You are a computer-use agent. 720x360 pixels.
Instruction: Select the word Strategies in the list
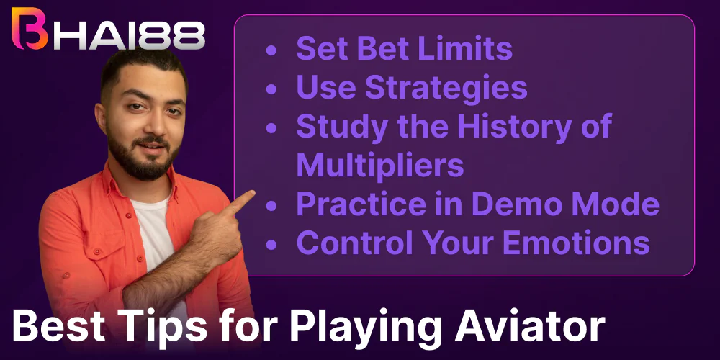click(446, 88)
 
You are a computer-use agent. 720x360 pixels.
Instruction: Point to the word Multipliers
click(379, 166)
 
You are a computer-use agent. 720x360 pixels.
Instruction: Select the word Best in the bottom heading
click(56, 327)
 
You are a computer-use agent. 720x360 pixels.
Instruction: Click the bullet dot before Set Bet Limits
click(271, 50)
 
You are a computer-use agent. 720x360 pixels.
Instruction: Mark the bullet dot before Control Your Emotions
click(271, 245)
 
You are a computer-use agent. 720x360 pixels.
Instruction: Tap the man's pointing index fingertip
click(252, 194)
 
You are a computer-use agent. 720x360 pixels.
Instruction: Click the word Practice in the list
click(353, 204)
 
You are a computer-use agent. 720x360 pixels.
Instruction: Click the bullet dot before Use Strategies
click(271, 89)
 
